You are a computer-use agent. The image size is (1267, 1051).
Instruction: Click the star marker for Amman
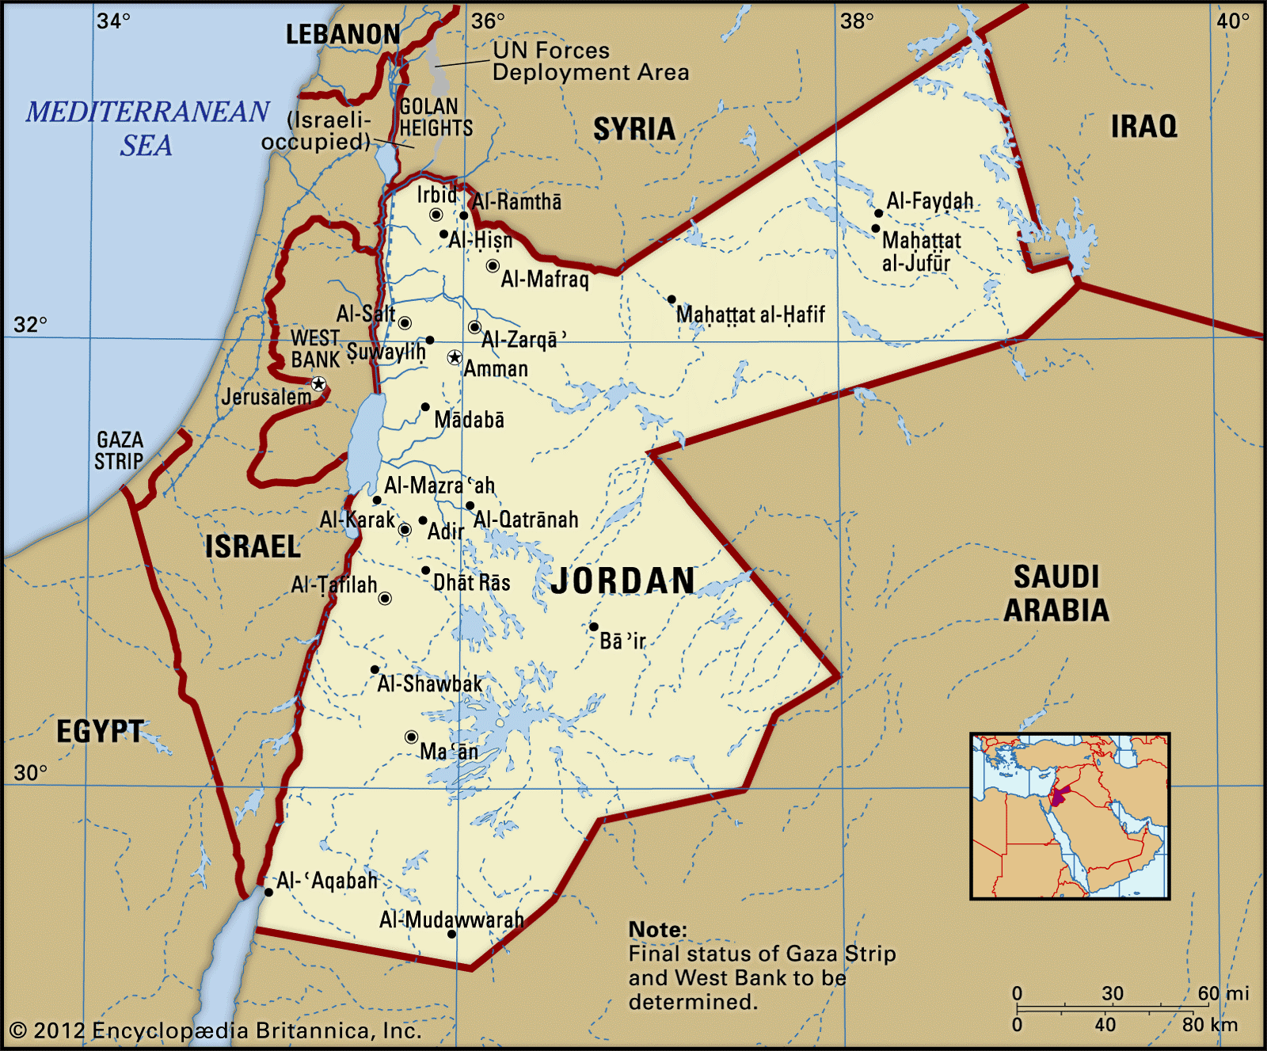click(455, 357)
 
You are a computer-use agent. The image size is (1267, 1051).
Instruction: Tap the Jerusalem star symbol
click(318, 384)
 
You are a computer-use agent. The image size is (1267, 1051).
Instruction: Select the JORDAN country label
click(623, 581)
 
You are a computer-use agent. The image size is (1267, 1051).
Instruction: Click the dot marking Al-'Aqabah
click(268, 892)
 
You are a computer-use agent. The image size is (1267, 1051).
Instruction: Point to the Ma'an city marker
click(411, 737)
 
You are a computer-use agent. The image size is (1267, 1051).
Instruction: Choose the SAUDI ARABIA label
click(1056, 593)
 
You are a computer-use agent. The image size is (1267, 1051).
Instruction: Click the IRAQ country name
click(1143, 126)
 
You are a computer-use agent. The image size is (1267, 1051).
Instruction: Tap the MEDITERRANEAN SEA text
click(147, 128)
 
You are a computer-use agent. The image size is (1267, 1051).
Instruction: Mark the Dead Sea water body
click(366, 442)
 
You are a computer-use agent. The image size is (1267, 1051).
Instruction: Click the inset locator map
click(1070, 816)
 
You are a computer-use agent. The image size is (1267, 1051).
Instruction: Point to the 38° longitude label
click(857, 21)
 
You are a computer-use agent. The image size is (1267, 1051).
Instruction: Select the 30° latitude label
click(31, 772)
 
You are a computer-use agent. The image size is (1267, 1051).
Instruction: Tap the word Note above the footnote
click(657, 929)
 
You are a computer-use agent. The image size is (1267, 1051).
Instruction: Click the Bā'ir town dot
click(593, 626)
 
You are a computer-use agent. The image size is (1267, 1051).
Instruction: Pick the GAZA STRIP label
click(120, 450)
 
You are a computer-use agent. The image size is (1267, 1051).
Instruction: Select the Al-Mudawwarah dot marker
click(451, 934)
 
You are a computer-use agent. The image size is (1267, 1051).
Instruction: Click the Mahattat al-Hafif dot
click(672, 299)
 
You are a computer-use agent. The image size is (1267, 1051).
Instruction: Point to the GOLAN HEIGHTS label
click(435, 117)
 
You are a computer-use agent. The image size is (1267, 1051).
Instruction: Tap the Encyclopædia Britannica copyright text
click(215, 1030)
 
